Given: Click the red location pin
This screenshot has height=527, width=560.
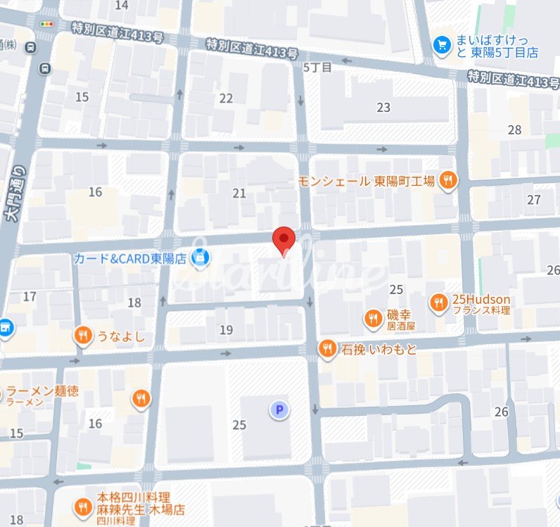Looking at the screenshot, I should pyautogui.click(x=283, y=241).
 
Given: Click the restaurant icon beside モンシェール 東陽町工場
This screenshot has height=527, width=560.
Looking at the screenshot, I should pyautogui.click(x=447, y=181).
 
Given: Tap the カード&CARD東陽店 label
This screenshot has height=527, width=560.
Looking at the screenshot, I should pyautogui.click(x=130, y=258).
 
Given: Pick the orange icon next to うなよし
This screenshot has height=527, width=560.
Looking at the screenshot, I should pyautogui.click(x=83, y=336).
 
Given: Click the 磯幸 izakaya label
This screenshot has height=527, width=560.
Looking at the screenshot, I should pyautogui.click(x=402, y=319).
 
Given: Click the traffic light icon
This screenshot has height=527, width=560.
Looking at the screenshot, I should pyautogui.click(x=47, y=24).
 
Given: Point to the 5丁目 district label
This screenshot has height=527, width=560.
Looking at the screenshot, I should pyautogui.click(x=317, y=68).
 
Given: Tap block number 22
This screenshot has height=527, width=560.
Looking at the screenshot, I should pyautogui.click(x=226, y=98).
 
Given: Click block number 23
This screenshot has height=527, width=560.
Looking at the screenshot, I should pyautogui.click(x=383, y=108).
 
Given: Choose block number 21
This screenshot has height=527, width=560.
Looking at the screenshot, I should pyautogui.click(x=240, y=193).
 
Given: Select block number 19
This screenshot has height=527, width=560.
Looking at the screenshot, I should pyautogui.click(x=226, y=329).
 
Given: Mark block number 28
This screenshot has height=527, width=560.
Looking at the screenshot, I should pyautogui.click(x=515, y=129).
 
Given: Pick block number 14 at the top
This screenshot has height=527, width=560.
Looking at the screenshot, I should pyautogui.click(x=122, y=6).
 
